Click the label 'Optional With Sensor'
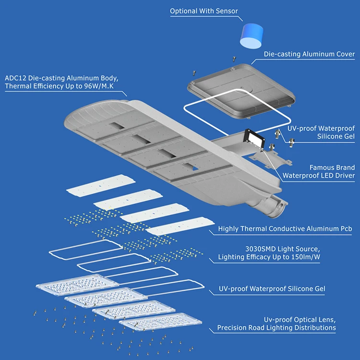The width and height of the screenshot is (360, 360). pyautogui.click(x=204, y=11)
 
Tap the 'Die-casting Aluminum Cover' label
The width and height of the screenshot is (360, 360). pyautogui.click(x=309, y=54)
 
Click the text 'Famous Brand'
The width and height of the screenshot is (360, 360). pyautogui.click(x=332, y=168)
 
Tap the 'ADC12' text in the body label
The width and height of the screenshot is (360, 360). pyautogui.click(x=15, y=78)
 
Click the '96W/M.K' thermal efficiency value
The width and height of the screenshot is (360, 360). pyautogui.click(x=100, y=86)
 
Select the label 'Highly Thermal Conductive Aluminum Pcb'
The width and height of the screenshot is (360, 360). pyautogui.click(x=285, y=229)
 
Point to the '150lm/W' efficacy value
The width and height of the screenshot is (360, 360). pyautogui.click(x=302, y=257)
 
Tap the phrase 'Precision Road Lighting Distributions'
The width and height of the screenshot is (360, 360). pyautogui.click(x=276, y=327)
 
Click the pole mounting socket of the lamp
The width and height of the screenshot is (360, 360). pyautogui.click(x=271, y=204)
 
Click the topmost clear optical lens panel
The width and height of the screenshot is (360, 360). pyautogui.click(x=71, y=284)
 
